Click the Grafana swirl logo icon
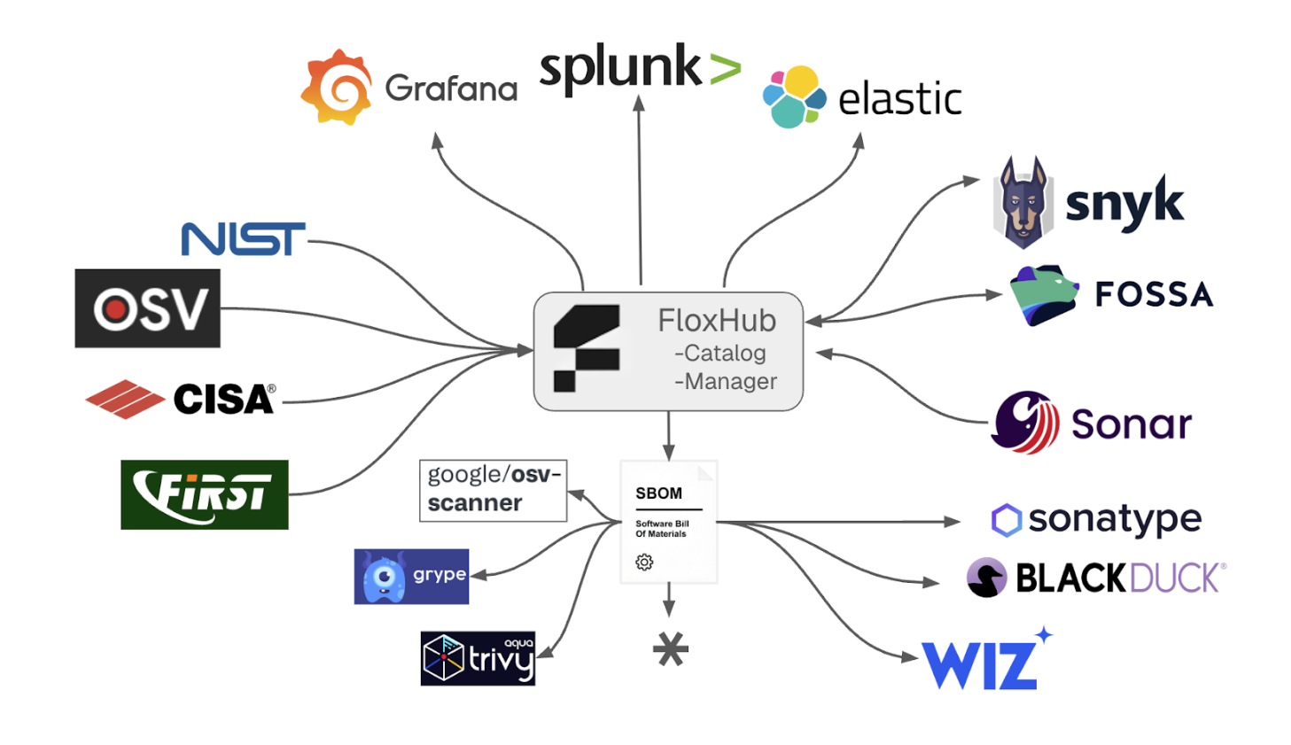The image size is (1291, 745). click(338, 87)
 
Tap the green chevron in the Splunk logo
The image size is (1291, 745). click(724, 70)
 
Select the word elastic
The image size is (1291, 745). click(899, 98)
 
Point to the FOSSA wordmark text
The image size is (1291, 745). click(1153, 294)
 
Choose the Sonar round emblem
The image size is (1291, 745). click(1025, 423)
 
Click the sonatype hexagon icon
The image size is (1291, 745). click(1006, 520)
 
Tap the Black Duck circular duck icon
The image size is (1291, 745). click(986, 578)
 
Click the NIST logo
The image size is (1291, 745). click(243, 239)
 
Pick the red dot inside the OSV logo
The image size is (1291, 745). click(113, 309)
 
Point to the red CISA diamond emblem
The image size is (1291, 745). click(125, 400)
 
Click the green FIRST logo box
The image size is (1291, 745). click(205, 494)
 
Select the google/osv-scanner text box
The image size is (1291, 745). click(493, 490)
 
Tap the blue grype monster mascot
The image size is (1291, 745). click(384, 578)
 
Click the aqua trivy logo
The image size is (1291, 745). click(478, 658)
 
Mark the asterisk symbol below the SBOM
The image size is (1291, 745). click(670, 650)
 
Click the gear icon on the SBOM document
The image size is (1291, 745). click(644, 562)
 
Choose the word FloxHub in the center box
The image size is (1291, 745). click(716, 320)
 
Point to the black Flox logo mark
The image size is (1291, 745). click(586, 347)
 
